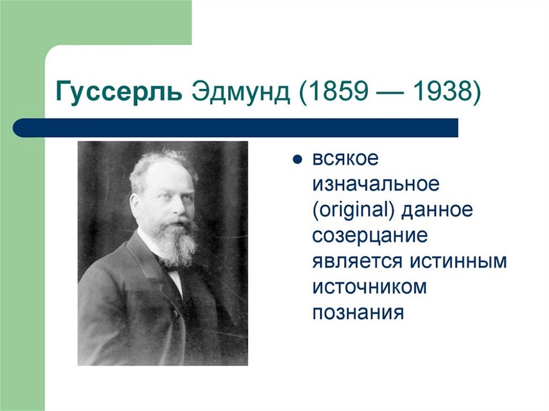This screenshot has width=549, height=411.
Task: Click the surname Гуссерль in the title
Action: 119,92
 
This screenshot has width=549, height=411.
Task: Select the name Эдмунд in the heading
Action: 241,92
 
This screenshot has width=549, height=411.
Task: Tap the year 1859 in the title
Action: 336,91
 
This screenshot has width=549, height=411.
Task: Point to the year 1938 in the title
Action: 442,91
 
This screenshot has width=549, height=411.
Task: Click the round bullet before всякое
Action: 297,160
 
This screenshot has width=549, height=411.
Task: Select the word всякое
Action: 345,159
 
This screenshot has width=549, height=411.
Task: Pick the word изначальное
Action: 375,184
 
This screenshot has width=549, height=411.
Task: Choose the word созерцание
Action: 370,236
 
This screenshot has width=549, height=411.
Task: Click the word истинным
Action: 458,261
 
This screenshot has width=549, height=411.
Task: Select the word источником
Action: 369,287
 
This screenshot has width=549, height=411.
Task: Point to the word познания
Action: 358,312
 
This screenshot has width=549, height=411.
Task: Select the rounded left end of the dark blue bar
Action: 17,128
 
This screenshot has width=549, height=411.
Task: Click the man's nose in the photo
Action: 179,209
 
